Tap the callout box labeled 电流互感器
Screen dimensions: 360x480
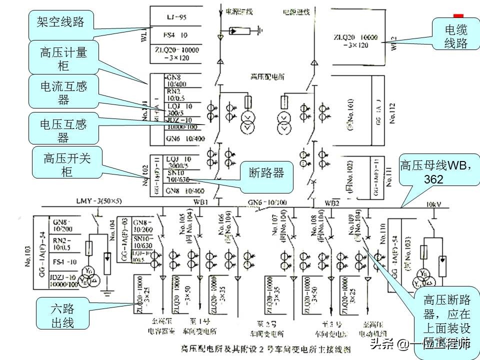(x=63, y=92)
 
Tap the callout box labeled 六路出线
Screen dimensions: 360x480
(x=63, y=314)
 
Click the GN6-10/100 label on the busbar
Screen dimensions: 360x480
(x=265, y=202)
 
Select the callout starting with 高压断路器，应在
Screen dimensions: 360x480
(x=446, y=320)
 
